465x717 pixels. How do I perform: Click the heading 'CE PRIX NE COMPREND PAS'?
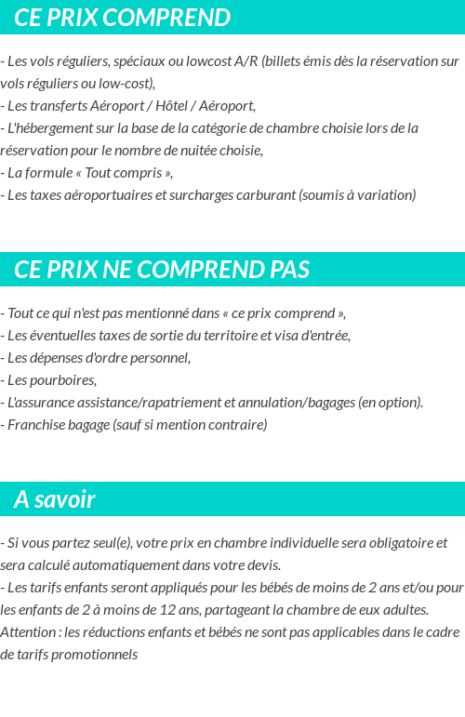tap(162, 270)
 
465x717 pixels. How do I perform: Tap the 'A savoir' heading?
tap(55, 499)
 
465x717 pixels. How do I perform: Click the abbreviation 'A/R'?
tap(246, 61)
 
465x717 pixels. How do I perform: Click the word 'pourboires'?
tap(64, 380)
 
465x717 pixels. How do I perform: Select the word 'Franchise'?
tap(36, 425)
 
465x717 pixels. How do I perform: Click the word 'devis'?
tap(263, 565)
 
